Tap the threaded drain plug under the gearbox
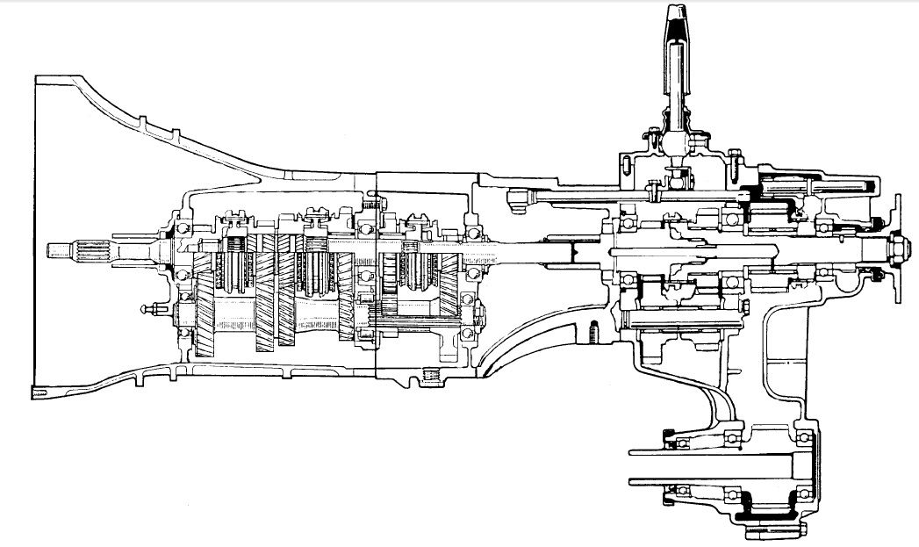coord(431,376)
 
